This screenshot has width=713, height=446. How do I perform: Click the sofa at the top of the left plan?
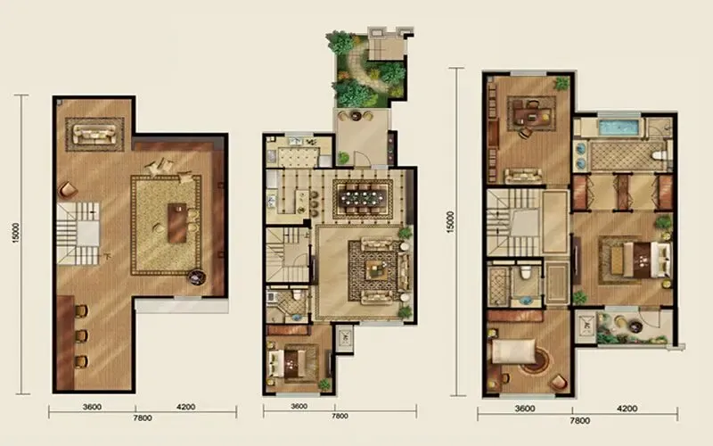(94, 135)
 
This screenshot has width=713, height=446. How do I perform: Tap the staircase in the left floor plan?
(78, 234)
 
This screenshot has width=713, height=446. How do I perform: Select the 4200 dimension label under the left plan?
(186, 407)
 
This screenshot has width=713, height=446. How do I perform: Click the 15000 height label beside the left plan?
(16, 233)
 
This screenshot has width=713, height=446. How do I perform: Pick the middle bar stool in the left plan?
(81, 336)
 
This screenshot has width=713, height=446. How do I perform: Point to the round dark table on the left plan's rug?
(197, 277)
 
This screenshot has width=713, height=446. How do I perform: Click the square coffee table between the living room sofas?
(377, 271)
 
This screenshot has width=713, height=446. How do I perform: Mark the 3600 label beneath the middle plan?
(299, 407)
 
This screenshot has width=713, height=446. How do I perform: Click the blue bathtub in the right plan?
(619, 128)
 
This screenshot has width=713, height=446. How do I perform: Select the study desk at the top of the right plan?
(531, 113)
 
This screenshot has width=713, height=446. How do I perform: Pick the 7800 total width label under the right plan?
(580, 421)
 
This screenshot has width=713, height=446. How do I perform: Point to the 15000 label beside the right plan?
(450, 221)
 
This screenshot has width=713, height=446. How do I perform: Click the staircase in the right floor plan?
(514, 222)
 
